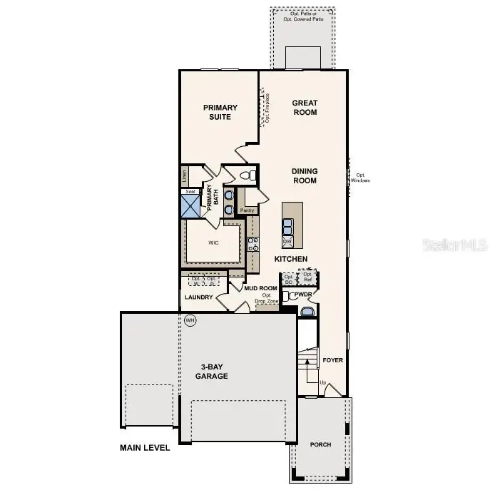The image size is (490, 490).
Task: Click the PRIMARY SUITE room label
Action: pyautogui.click(x=220, y=112)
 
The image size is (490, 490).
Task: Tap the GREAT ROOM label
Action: pyautogui.click(x=305, y=107)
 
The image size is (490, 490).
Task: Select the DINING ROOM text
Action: pyautogui.click(x=304, y=175)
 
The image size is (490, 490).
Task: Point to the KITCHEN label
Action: pyautogui.click(x=291, y=259)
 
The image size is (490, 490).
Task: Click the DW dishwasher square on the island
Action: pyautogui.click(x=288, y=241)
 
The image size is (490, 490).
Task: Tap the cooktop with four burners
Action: pyautogui.click(x=252, y=245)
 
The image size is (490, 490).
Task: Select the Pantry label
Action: pyautogui.click(x=247, y=210)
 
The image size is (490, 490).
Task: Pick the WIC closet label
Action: pyautogui.click(x=213, y=243)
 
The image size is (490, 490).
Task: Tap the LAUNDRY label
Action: pyautogui.click(x=199, y=297)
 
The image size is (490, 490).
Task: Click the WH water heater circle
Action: pyautogui.click(x=190, y=320)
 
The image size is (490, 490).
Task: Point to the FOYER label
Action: pyautogui.click(x=332, y=360)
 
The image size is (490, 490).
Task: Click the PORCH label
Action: pyautogui.click(x=320, y=444)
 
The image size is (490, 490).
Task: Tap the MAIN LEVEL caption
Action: pyautogui.click(x=145, y=449)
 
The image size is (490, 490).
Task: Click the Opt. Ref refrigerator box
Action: pyautogui.click(x=307, y=277)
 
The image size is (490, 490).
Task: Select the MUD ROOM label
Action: pyautogui.click(x=260, y=288)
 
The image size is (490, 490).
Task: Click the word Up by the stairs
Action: pyautogui.click(x=322, y=383)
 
